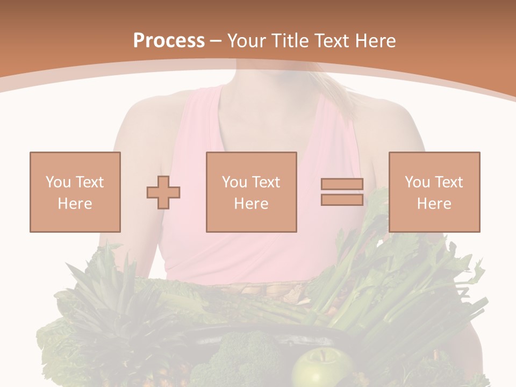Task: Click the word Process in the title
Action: pos(169,41)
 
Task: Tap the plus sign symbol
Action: pos(163,192)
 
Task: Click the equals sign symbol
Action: pos(342,192)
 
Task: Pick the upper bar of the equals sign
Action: pos(342,184)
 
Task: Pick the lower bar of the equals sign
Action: pos(342,200)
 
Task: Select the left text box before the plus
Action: pos(75,192)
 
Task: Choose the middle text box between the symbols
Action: pos(251,192)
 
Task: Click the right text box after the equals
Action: pos(434,192)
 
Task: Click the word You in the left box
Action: pos(58,182)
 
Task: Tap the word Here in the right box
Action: pos(434,204)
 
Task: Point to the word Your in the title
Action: pos(246,41)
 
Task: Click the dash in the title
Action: pos(216,41)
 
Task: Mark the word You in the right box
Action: pos(417,182)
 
